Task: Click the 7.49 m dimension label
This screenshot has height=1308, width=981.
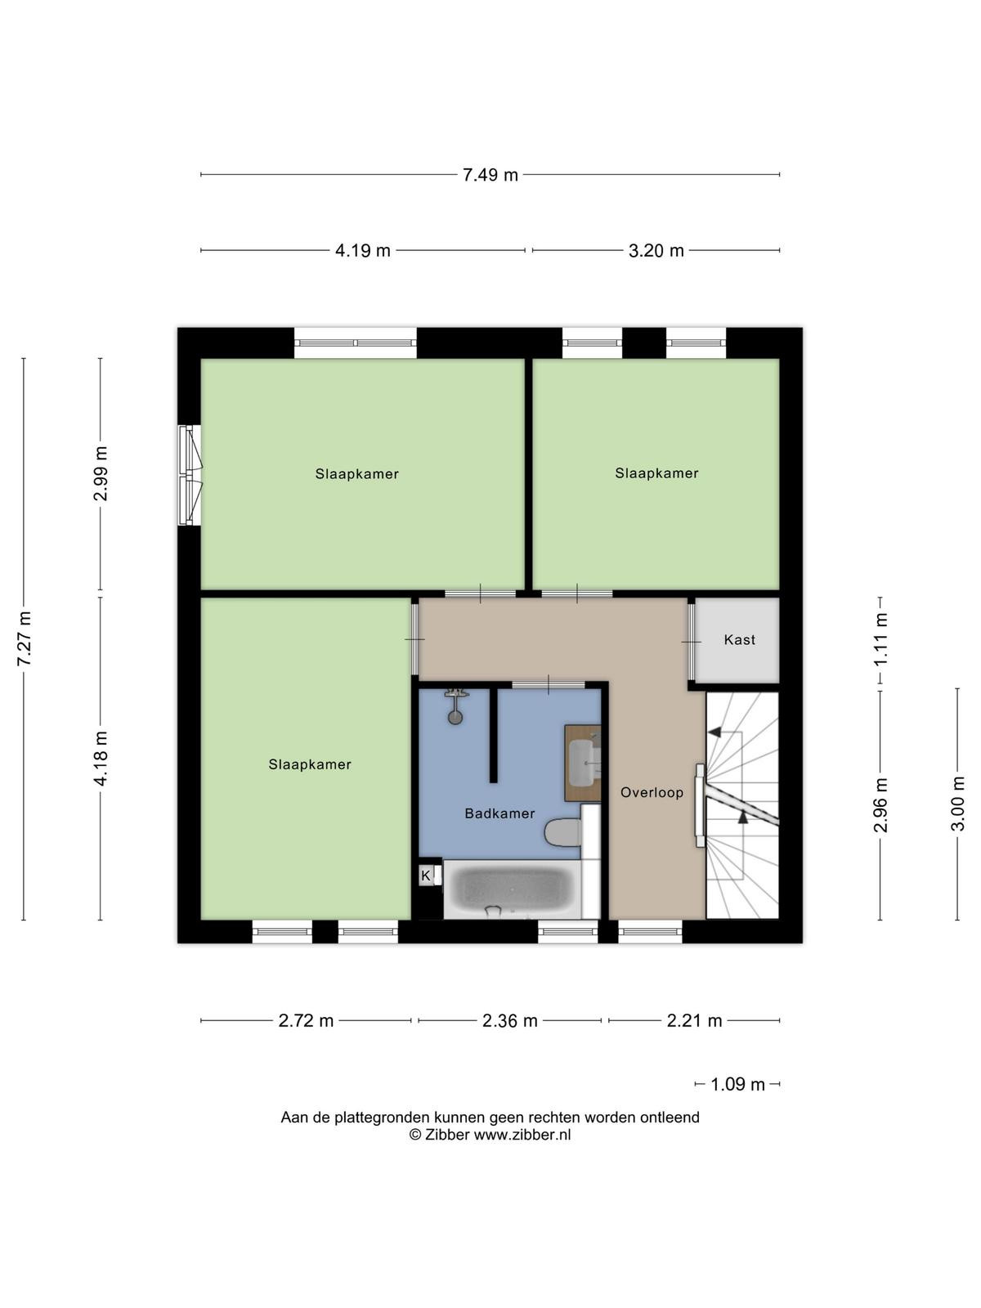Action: pos(490,175)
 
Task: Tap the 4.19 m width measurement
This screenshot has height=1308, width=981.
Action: pos(363,251)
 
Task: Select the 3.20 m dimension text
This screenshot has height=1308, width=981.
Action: pos(656,251)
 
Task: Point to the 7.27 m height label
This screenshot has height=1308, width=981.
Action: pos(25,638)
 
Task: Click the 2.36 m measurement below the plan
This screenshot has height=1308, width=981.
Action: pos(510,1021)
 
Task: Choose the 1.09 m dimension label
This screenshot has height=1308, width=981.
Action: pos(737,1085)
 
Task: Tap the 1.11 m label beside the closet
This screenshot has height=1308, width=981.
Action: pos(881,638)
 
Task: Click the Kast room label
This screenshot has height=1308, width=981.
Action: pos(740,640)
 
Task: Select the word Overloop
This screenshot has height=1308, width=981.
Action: pos(652,792)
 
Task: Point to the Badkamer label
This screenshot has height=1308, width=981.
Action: pos(499,813)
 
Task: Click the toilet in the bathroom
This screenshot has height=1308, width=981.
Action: pos(562,832)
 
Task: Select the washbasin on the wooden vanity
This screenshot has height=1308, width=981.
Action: pos(583,762)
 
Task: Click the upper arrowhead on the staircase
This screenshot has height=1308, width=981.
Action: pos(714,732)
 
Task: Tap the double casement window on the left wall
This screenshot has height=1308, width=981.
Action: pos(190,475)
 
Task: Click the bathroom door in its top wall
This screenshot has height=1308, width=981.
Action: pos(549,685)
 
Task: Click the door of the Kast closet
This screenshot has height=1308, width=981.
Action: pos(692,642)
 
